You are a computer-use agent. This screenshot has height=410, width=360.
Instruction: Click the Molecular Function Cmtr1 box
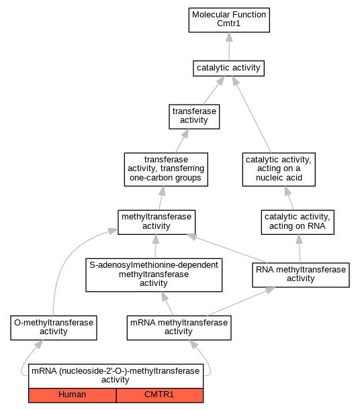pyautogui.click(x=229, y=20)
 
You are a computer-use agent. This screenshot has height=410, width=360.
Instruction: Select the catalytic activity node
pyautogui.click(x=228, y=68)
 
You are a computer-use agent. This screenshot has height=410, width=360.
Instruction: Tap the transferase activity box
pyautogui.click(x=194, y=117)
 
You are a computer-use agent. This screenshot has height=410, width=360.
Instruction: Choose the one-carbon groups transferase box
pyautogui.click(x=166, y=170)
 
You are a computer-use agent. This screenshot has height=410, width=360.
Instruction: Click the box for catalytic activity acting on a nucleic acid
pyautogui.click(x=279, y=170)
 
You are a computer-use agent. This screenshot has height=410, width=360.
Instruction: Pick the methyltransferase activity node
pyautogui.click(x=156, y=222)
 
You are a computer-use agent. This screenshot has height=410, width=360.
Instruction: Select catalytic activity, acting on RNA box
pyautogui.click(x=298, y=222)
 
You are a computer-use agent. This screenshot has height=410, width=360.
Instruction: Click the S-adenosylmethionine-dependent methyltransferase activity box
pyautogui.click(x=154, y=275)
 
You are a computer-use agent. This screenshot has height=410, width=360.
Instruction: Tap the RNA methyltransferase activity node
pyautogui.click(x=301, y=275)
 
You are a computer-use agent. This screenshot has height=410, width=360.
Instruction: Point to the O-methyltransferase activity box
pyautogui.click(x=54, y=328)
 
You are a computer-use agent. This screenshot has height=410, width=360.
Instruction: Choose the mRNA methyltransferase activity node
pyautogui.click(x=179, y=328)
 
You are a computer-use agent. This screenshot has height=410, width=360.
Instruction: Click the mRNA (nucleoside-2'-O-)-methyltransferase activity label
pyautogui.click(x=116, y=376)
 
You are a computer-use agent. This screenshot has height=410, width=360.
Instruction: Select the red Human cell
pyautogui.click(x=73, y=395)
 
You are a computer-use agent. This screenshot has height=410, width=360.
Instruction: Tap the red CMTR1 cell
pyautogui.click(x=160, y=395)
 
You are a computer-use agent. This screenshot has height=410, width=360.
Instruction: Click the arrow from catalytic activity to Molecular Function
pyautogui.click(x=230, y=46)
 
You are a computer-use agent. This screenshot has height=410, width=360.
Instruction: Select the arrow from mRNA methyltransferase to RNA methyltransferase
pyautogui.click(x=241, y=301)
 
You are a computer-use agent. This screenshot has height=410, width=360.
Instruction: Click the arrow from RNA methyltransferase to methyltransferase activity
pyautogui.click(x=226, y=248)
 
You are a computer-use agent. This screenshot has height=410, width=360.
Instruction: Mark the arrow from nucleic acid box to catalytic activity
pyautogui.click(x=252, y=115)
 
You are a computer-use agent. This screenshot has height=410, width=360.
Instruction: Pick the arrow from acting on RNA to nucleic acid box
pyautogui.click(x=289, y=198)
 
